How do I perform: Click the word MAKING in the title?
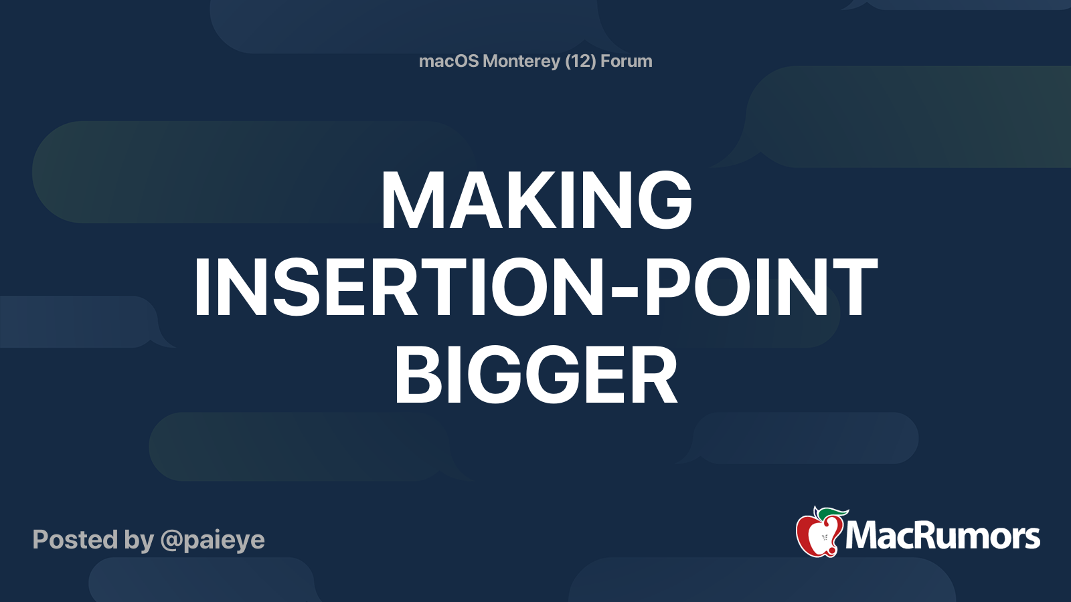click(535, 201)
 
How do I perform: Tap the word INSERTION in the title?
click(399, 288)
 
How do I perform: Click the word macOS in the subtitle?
click(448, 61)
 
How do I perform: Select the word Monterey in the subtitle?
click(521, 61)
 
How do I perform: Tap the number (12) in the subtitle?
click(580, 61)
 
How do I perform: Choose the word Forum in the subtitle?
click(626, 61)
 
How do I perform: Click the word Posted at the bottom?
click(75, 539)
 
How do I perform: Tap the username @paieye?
click(213, 540)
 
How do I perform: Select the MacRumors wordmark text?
click(942, 536)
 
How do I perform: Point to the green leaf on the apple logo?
click(832, 514)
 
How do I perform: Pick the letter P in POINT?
click(669, 288)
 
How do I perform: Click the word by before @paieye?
click(139, 540)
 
